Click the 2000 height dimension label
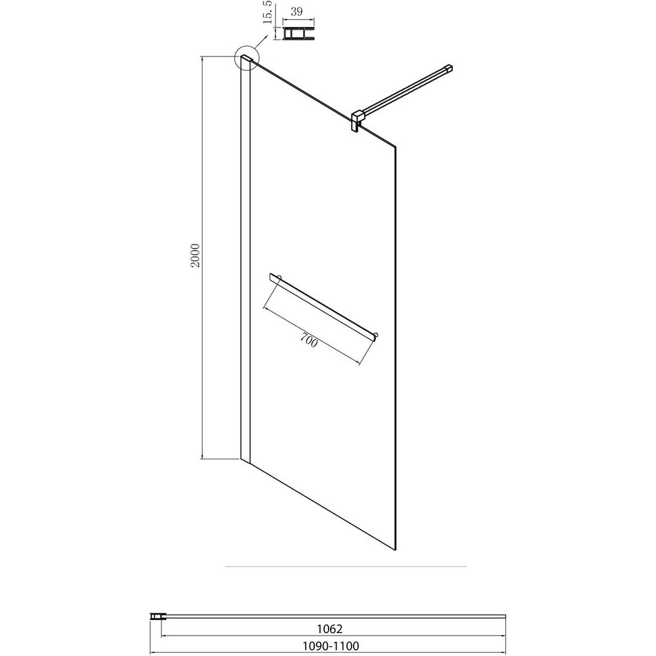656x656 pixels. [x=195, y=255]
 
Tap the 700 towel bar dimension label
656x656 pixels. [x=309, y=341]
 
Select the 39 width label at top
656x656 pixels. [x=297, y=11]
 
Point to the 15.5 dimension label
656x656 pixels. [x=268, y=12]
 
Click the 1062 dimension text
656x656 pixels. [x=329, y=628]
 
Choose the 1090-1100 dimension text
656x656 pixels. [x=331, y=646]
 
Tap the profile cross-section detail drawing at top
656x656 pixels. [x=298, y=33]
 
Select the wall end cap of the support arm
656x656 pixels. [x=449, y=69]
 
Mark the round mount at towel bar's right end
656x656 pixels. [x=377, y=335]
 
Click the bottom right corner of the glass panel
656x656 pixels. [x=396, y=550]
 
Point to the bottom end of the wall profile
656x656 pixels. [x=245, y=461]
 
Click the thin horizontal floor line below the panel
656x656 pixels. [x=346, y=567]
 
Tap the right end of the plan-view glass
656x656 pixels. [x=505, y=616]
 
